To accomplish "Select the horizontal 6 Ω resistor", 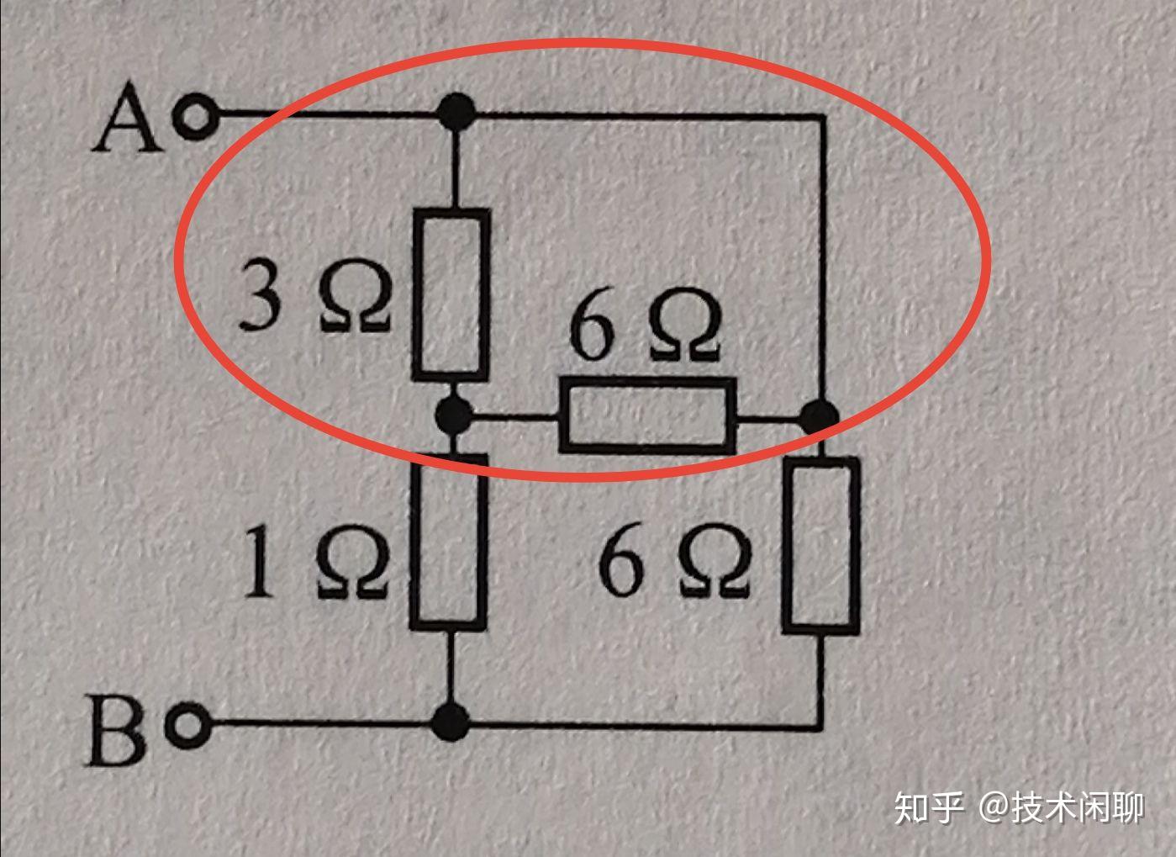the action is (646, 415).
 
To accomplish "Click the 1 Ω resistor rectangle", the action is (449, 541).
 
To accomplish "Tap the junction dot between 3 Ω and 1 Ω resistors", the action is (455, 414).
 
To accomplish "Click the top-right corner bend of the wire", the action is (821, 117).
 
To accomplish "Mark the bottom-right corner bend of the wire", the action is (820, 722).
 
